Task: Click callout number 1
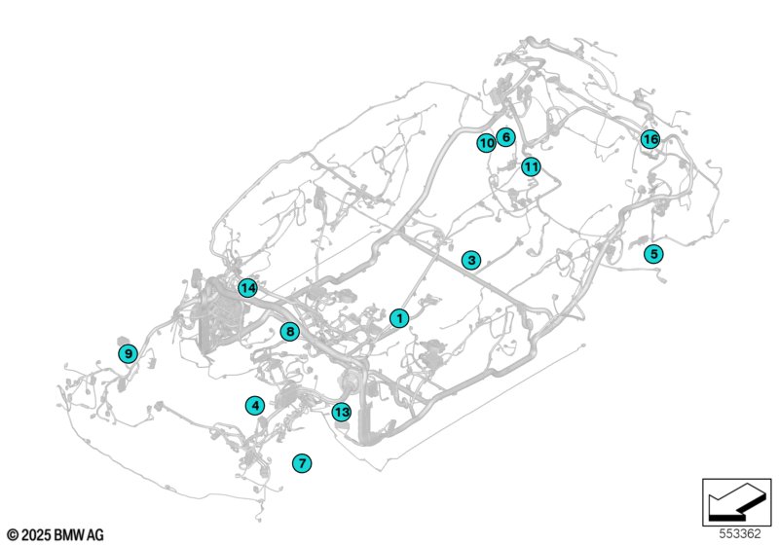399,318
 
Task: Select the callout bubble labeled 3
471,261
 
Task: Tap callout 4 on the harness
254,406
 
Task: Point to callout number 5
653,254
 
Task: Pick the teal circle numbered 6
504,137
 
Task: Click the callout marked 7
302,463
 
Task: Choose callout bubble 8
289,332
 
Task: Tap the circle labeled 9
128,353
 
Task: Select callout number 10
486,144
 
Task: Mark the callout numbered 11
530,166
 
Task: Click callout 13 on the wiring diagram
341,412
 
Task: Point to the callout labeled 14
247,288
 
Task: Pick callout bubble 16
649,140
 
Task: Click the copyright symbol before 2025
12,535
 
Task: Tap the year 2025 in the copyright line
35,535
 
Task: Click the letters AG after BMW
95,535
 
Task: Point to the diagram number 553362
740,534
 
